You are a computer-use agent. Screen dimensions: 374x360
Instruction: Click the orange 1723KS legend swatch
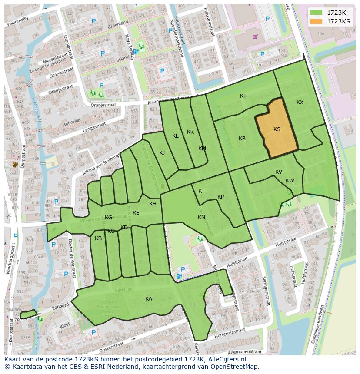pyautogui.click(x=316, y=21)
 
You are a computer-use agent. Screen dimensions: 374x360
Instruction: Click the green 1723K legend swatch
pyautogui.click(x=316, y=13)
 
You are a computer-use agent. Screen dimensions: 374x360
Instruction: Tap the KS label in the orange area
pyautogui.click(x=277, y=129)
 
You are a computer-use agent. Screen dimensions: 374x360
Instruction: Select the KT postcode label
pyautogui.click(x=243, y=96)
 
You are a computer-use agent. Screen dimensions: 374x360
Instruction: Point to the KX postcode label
pyautogui.click(x=300, y=103)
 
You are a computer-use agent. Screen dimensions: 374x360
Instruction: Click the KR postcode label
pyautogui.click(x=242, y=139)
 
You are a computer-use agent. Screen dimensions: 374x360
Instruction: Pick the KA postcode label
pyautogui.click(x=149, y=299)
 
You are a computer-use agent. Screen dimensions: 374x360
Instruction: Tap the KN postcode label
pyautogui.click(x=201, y=217)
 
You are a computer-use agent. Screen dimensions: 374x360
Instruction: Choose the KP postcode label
pyautogui.click(x=220, y=197)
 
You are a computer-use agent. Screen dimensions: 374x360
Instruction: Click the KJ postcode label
pyautogui.click(x=162, y=153)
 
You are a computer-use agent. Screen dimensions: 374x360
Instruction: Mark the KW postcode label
pyautogui.click(x=290, y=181)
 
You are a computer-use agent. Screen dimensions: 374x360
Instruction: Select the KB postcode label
pyautogui.click(x=98, y=238)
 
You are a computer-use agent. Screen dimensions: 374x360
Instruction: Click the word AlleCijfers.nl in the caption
pyautogui.click(x=227, y=360)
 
